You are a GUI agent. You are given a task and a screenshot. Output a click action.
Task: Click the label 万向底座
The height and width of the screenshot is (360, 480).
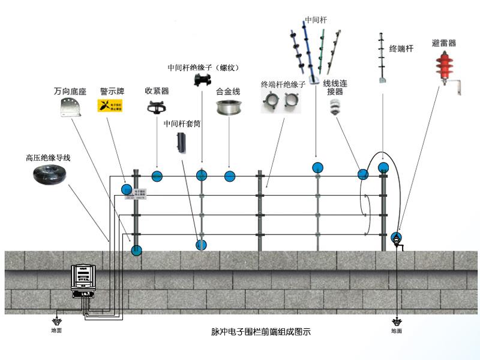(x=70, y=92)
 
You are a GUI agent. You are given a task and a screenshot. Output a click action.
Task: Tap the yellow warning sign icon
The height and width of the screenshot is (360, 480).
(x=110, y=106)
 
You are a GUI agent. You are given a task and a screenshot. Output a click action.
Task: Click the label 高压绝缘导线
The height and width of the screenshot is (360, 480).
(x=48, y=158)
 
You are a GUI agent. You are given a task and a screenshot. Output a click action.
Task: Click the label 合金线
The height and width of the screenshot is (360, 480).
(x=228, y=92)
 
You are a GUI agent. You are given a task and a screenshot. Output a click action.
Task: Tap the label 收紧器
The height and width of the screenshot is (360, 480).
(x=157, y=91)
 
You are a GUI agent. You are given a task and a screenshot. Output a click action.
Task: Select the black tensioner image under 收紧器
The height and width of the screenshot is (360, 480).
(x=157, y=108)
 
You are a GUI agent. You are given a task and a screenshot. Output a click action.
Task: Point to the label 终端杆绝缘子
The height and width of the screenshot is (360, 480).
(x=283, y=85)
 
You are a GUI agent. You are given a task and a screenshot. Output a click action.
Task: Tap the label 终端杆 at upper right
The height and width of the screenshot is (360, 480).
(x=401, y=49)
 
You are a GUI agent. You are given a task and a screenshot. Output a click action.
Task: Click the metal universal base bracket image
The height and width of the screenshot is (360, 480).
(x=70, y=109)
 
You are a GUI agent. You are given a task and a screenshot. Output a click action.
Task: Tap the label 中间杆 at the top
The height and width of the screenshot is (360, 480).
(x=316, y=20)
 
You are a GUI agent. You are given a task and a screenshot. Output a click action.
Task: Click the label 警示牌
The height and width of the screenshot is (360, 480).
(x=112, y=92)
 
